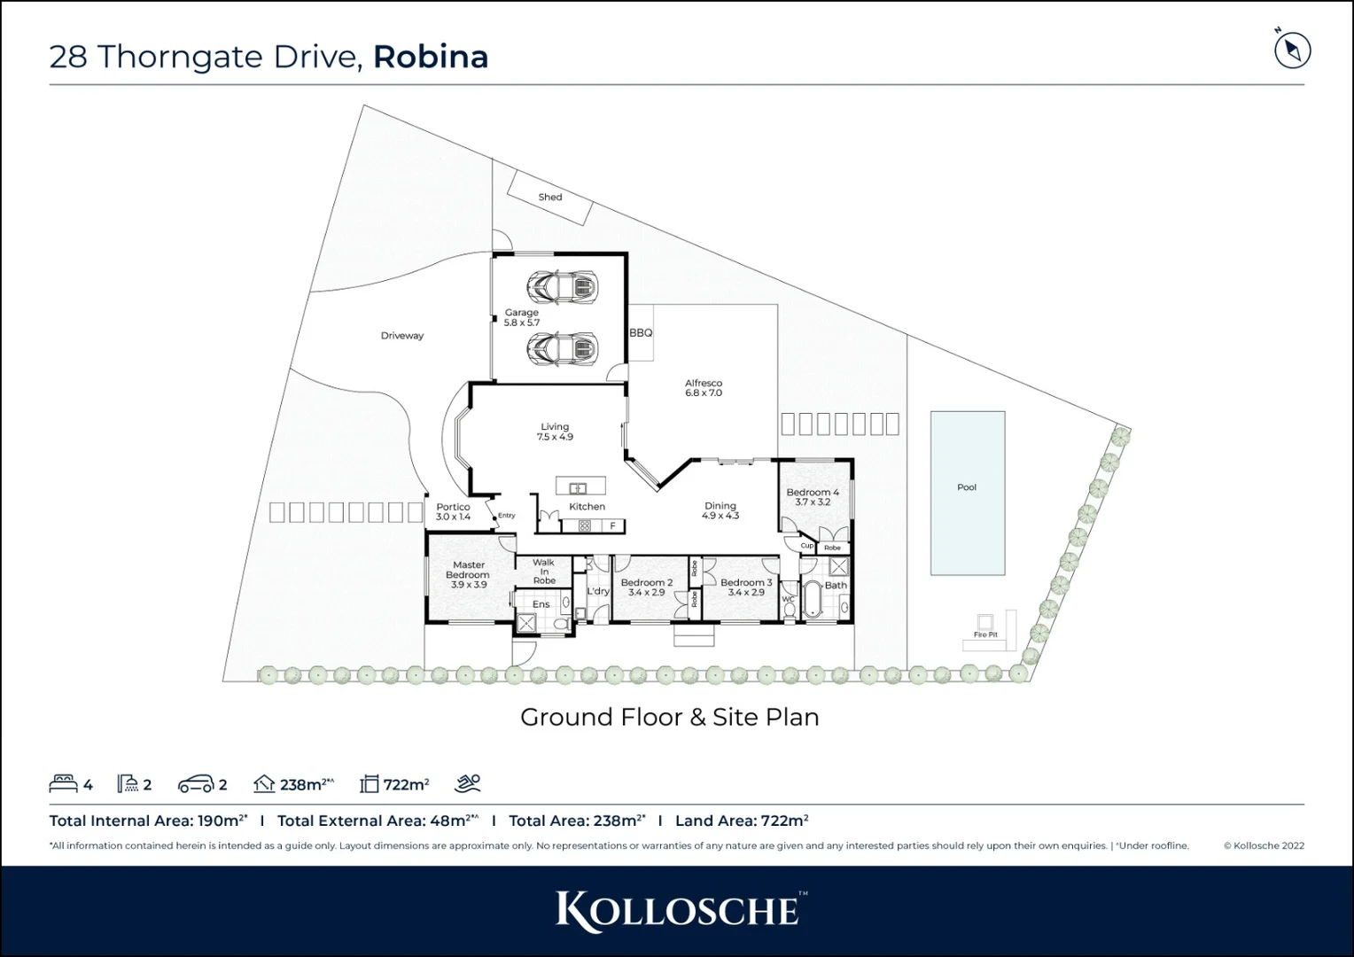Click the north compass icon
tap(1292, 50)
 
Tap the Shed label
tap(549, 197)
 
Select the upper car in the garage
tap(562, 286)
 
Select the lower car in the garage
tap(562, 347)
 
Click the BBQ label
tap(641, 333)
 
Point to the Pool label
tap(967, 487)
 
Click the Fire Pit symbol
tap(984, 622)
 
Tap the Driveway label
tap(402, 336)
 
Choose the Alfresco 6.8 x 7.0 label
tap(704, 388)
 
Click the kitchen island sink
tap(578, 487)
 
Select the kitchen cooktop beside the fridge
tap(585, 525)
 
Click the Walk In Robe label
tap(544, 572)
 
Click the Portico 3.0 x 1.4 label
tap(453, 512)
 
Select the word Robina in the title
tap(431, 57)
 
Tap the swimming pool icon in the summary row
tap(468, 783)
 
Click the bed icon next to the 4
tap(63, 783)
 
